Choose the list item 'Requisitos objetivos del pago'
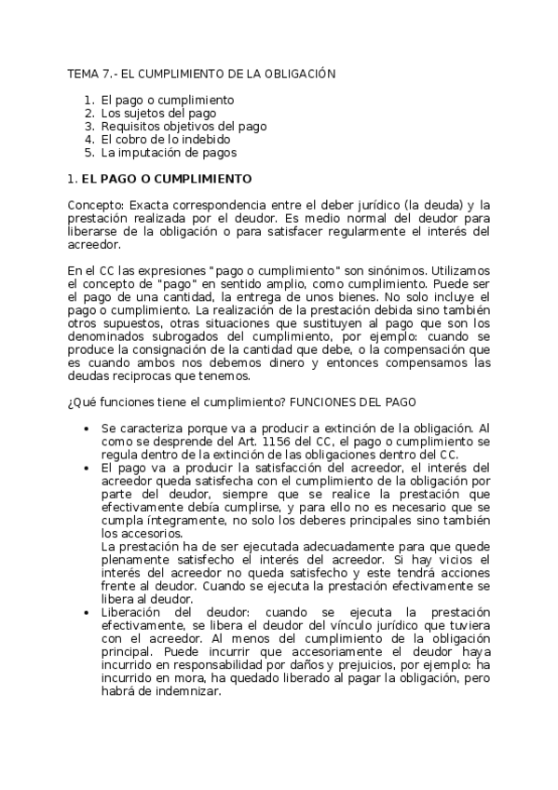pyautogui.click(x=184, y=126)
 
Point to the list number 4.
pyautogui.click(x=88, y=139)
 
